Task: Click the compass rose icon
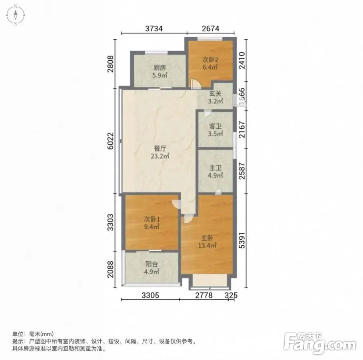pos(16,15)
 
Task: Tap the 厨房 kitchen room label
pos(160,68)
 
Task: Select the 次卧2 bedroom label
pos(210,60)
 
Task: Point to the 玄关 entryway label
pos(215,94)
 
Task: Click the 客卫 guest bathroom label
pos(215,126)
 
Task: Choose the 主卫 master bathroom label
pos(215,168)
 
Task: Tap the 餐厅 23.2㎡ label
pos(160,152)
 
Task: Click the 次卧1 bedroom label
pos(152,219)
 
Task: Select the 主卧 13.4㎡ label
pos(207,242)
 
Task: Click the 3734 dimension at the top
pos(154,28)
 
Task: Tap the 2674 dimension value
pos(210,28)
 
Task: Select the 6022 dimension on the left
pos(111,141)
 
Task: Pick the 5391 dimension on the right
pos(241,240)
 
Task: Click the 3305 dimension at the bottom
pos(150,295)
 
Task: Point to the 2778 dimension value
pos(204,295)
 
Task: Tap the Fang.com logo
pos(320,343)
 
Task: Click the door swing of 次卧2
pos(196,84)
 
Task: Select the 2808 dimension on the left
pos(111,64)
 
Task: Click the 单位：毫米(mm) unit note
pos(33,334)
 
